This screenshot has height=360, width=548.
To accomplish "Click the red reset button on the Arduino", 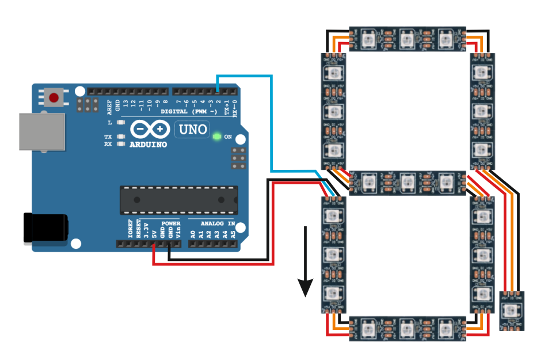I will (54, 97).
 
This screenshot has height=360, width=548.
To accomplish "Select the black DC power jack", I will (45, 228).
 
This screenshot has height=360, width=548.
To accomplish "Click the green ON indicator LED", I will (216, 137).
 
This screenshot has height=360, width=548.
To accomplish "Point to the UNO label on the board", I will (193, 130).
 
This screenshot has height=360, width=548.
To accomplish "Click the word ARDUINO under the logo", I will (148, 144).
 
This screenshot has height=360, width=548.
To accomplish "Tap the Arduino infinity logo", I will (149, 130).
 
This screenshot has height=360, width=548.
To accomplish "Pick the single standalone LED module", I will (511, 311).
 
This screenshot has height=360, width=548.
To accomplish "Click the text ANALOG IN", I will (218, 223).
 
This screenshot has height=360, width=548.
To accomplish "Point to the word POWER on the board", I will (171, 223).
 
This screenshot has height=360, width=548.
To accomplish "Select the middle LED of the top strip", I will (408, 38).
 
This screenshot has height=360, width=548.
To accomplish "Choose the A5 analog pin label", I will (233, 233).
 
